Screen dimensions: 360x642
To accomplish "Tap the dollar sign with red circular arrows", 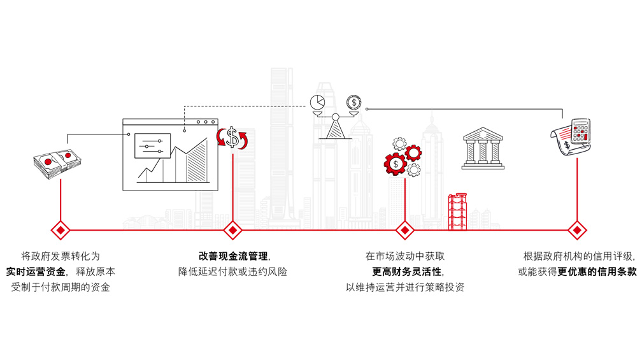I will [x=233, y=138].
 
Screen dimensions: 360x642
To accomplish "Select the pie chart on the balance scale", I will [x=317, y=103].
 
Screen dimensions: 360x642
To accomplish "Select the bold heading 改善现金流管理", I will [x=232, y=256].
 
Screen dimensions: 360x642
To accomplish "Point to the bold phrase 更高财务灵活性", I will [x=404, y=271].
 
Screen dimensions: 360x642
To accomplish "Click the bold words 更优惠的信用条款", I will [x=597, y=271].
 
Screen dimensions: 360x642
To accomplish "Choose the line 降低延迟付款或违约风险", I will [x=232, y=271].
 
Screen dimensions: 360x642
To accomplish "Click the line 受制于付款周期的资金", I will [x=61, y=287].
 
